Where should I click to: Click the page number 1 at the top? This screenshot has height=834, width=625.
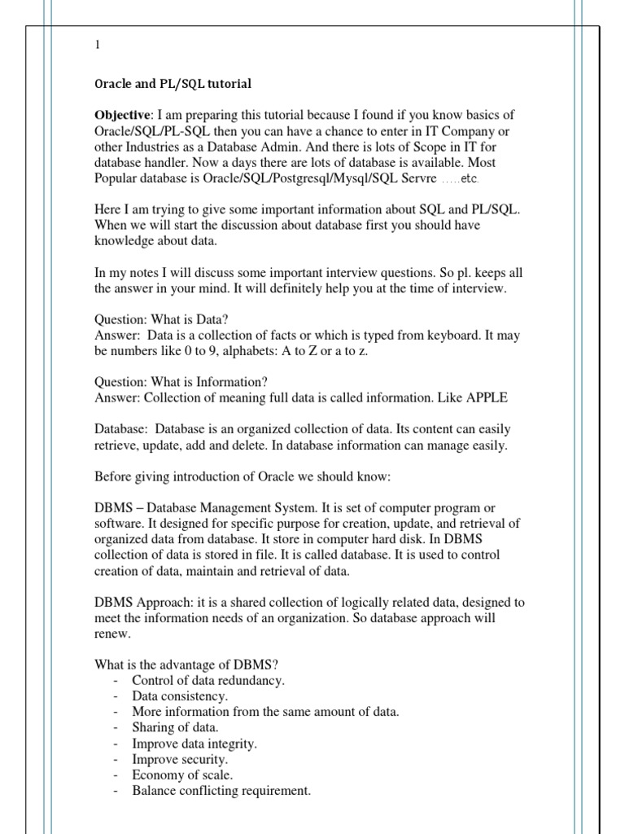[98, 46]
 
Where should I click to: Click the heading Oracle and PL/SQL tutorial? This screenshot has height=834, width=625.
[173, 83]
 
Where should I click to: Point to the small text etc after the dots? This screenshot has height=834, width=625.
[470, 179]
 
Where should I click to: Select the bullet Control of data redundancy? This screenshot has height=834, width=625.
[208, 680]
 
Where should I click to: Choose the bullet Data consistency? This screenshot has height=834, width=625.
[179, 696]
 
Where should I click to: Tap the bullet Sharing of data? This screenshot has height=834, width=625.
[175, 727]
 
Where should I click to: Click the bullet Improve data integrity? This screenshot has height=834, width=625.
[194, 743]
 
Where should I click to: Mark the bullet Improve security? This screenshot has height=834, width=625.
[180, 759]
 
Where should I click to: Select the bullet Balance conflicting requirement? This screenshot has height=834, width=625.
[221, 790]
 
